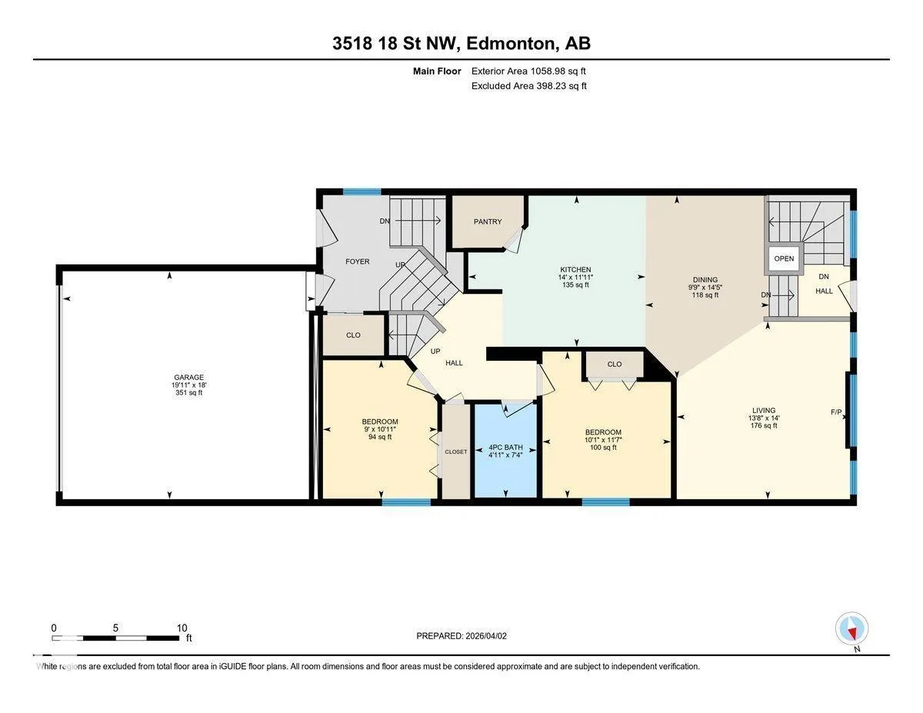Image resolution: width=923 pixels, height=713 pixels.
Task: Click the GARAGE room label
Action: click(x=188, y=377)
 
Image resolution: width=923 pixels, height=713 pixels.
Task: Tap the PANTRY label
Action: click(x=488, y=222)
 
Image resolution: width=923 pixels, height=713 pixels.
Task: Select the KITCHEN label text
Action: click(x=575, y=270)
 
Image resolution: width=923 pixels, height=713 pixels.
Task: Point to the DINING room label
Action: click(x=705, y=280)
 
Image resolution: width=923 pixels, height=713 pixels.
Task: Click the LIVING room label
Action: click(x=764, y=410)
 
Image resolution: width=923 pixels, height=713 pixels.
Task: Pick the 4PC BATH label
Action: click(x=505, y=448)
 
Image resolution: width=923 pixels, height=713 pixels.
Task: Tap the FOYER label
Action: click(x=357, y=262)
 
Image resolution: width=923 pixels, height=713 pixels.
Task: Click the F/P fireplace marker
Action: click(x=836, y=412)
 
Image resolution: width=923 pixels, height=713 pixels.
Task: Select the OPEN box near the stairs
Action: click(x=784, y=258)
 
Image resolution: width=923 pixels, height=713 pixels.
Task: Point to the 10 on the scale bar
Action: click(x=182, y=628)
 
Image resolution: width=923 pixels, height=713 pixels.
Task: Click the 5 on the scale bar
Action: click(x=115, y=628)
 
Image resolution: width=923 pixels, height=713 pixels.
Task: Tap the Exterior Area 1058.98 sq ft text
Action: click(x=528, y=72)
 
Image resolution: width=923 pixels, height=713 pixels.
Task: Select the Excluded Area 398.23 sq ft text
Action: click(x=529, y=86)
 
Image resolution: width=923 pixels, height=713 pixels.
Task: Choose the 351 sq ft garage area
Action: click(x=189, y=393)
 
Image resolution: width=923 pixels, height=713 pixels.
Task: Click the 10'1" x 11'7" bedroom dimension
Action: click(x=603, y=440)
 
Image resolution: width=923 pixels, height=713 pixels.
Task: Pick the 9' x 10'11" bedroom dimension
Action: click(x=380, y=429)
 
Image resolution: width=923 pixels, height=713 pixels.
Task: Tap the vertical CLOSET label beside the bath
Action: click(x=456, y=451)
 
